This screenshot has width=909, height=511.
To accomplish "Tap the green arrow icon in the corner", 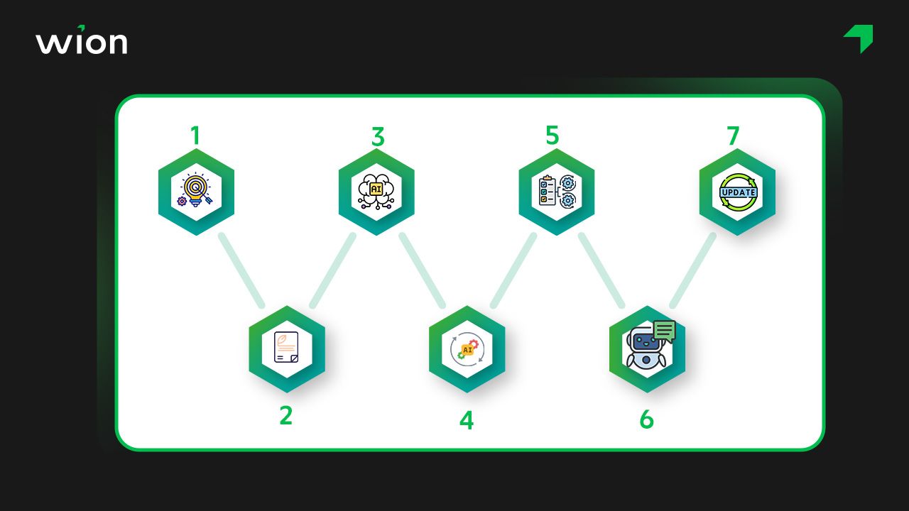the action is point(859,38).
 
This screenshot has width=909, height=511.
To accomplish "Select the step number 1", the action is point(195,136).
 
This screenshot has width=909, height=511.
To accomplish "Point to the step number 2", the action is point(286,416).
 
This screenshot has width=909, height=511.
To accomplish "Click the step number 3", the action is point(378,137).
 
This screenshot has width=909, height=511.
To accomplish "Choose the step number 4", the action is point(467,420).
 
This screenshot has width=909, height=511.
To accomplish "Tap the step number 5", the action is point(553,135).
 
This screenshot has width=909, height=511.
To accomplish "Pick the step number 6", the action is point(646,419).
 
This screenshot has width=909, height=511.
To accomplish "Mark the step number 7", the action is point(733,136).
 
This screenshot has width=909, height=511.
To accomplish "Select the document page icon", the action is point(286,347).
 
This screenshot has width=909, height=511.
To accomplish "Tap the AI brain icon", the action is point(376,192).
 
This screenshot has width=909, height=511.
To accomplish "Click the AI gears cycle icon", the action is point(467,349).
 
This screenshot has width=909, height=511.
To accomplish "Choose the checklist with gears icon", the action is point(557,192).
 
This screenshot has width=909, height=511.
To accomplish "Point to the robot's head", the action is point(645,341).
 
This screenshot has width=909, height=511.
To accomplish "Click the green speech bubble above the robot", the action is point(665,331).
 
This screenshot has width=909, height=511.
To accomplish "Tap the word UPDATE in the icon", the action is point(738,192).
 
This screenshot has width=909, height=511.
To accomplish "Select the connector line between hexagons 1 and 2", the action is point(241,270).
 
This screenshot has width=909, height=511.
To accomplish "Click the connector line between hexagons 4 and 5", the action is point(513,270).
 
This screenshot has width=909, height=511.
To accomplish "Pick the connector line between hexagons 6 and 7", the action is point(692,270).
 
